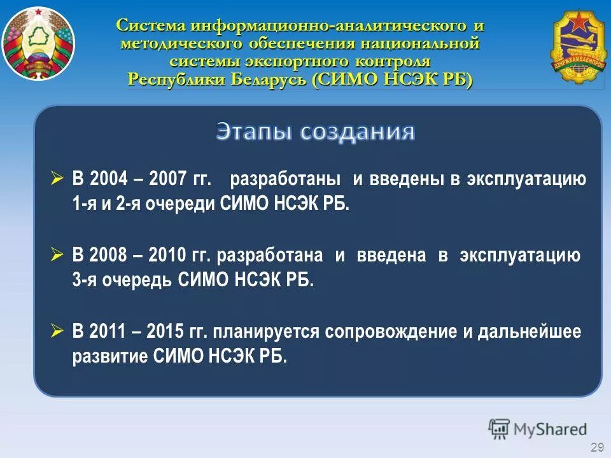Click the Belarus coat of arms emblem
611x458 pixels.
[x=38, y=44]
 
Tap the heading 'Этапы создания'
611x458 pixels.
[x=316, y=132]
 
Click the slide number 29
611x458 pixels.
[x=597, y=447]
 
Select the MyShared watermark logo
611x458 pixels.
[x=537, y=429]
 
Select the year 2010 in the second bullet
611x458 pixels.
[x=167, y=256]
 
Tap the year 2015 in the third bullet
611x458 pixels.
[x=165, y=332]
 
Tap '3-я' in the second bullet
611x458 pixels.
[x=85, y=281]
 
